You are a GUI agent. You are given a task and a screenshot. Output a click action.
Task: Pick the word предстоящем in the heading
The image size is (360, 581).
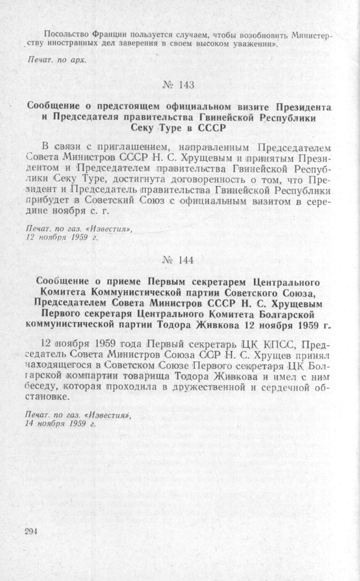(x=134, y=106)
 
